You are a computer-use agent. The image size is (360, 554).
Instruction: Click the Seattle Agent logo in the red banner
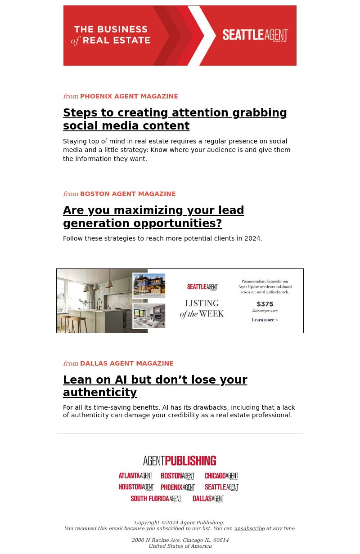(255, 36)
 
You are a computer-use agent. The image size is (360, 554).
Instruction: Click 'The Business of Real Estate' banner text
(111, 35)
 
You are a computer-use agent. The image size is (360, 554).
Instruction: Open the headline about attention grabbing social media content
(175, 119)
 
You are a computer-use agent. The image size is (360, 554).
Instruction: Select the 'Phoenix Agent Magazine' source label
(129, 96)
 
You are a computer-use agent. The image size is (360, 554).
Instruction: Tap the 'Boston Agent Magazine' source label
(128, 194)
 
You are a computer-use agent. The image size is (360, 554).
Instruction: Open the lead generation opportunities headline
(153, 217)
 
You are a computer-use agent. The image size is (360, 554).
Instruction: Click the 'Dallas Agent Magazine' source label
(126, 363)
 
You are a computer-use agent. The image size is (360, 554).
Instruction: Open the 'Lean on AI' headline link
(155, 386)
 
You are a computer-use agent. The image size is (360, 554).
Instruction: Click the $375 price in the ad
(265, 304)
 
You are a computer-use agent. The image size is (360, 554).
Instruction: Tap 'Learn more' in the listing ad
(265, 320)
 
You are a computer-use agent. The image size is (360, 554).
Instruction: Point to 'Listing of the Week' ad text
(202, 308)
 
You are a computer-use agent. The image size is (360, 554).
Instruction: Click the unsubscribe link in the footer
(249, 528)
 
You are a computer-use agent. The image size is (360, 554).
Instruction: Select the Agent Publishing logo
(180, 461)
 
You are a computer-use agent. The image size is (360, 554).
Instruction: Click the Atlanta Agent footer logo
(135, 476)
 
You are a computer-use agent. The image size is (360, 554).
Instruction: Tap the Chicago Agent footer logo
(221, 476)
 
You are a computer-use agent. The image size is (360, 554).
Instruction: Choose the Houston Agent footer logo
(136, 487)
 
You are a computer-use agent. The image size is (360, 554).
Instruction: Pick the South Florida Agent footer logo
(156, 499)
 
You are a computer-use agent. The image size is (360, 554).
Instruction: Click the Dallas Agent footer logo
(208, 499)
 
